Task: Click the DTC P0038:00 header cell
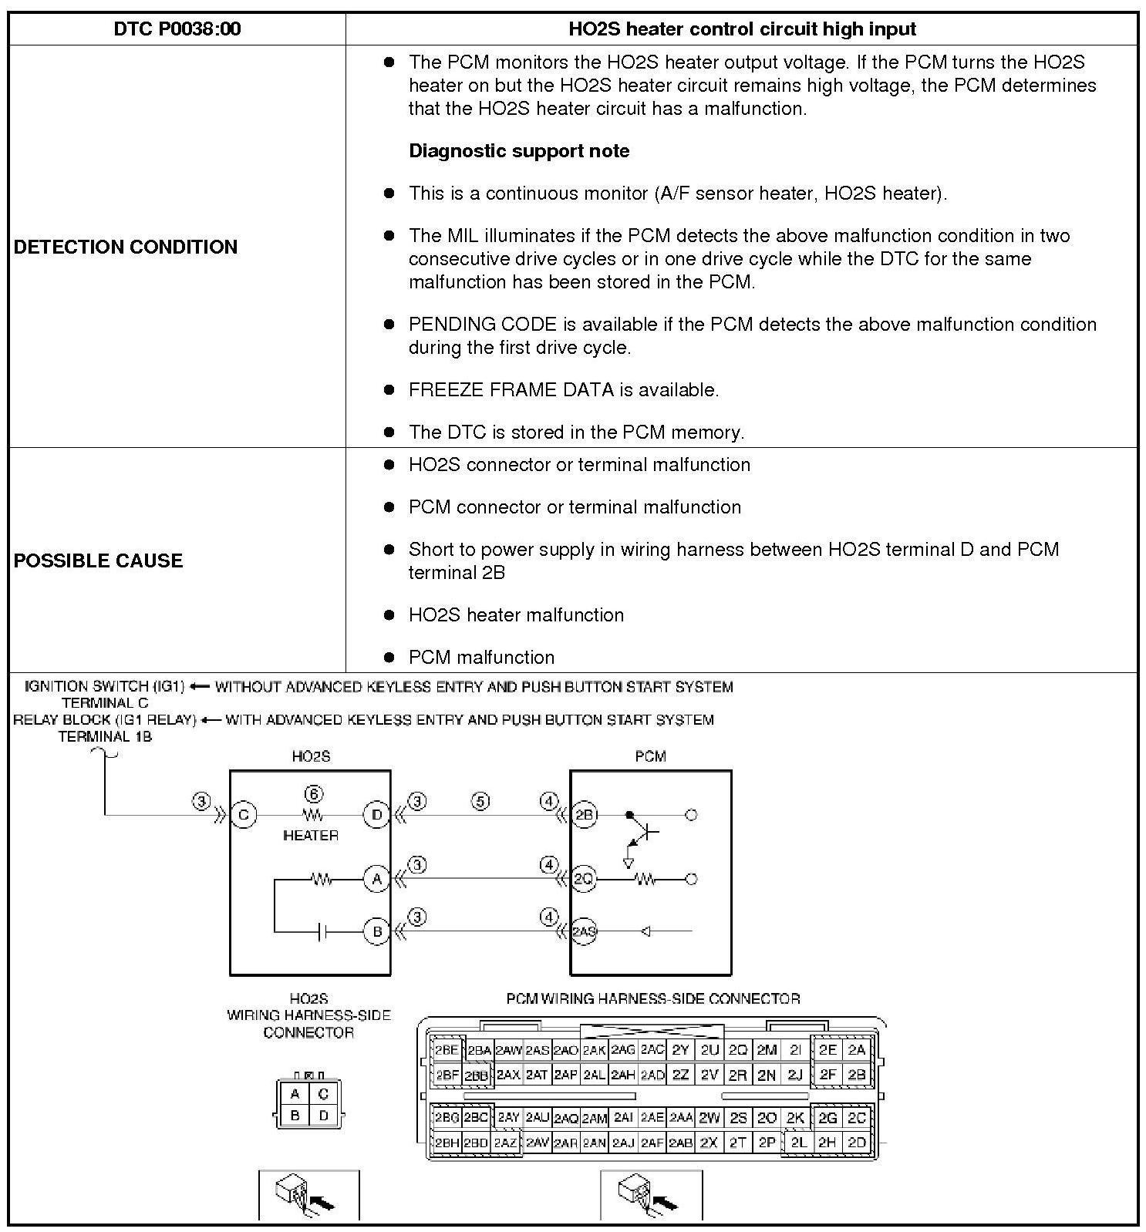click(177, 29)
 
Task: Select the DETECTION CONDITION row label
click(126, 247)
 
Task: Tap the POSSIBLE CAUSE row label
click(98, 560)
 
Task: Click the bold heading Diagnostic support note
click(519, 151)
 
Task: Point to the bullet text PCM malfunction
click(481, 658)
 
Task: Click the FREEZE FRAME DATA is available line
click(564, 390)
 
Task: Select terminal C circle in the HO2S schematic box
click(244, 815)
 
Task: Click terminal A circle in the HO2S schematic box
click(376, 879)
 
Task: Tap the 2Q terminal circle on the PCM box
click(584, 879)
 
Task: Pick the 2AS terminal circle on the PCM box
click(584, 931)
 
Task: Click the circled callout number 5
click(480, 802)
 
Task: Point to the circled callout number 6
click(312, 794)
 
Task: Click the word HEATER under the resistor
click(311, 835)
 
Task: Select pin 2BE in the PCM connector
click(447, 1050)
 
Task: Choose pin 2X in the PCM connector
click(709, 1143)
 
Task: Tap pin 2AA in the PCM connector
click(681, 1118)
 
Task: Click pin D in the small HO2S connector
click(323, 1116)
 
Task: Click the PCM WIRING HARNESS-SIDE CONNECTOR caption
click(652, 999)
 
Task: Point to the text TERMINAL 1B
click(105, 736)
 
